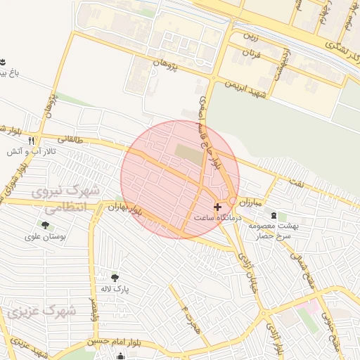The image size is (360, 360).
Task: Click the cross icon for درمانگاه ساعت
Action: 217,207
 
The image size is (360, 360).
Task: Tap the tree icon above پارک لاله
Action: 115,277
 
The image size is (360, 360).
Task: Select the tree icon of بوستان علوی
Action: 46,225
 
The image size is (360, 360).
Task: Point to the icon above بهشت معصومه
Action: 283,215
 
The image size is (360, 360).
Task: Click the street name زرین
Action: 251,34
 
